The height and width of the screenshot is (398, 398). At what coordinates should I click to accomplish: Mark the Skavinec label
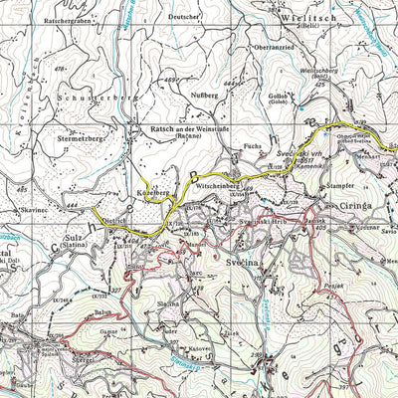(33, 211)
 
